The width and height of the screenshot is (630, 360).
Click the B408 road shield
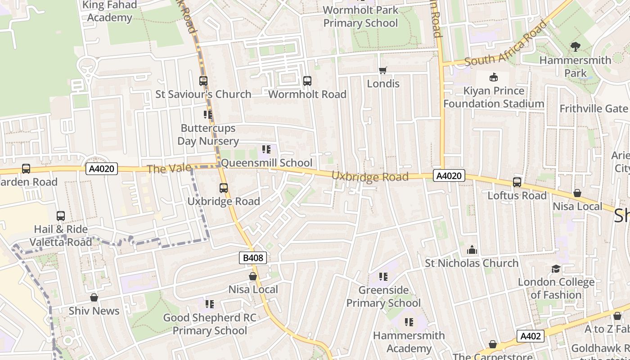tap(253, 258)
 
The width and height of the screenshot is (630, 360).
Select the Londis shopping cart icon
tap(383, 70)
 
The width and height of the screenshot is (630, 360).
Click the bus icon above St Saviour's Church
tap(203, 81)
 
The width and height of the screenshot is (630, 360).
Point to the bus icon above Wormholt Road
tap(307, 81)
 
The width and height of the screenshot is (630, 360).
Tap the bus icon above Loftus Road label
tap(517, 182)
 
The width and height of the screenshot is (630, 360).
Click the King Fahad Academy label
tap(109, 12)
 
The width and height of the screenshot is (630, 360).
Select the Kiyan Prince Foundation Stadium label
tap(494, 97)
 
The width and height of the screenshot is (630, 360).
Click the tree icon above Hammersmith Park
tap(575, 46)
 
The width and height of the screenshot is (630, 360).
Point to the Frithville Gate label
tap(593, 108)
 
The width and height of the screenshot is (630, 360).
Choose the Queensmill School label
tap(266, 163)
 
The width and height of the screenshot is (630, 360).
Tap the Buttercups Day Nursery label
tap(208, 135)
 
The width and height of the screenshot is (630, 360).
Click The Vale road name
tap(163, 169)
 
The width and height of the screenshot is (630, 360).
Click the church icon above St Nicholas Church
tap(472, 249)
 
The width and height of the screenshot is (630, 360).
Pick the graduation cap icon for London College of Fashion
tap(556, 269)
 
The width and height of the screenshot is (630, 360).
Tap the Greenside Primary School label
tap(383, 297)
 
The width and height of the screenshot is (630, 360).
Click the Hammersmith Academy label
tap(409, 342)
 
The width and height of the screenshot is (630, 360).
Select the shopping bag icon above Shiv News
tap(94, 297)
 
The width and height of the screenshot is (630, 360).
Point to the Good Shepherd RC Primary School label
tap(210, 324)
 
